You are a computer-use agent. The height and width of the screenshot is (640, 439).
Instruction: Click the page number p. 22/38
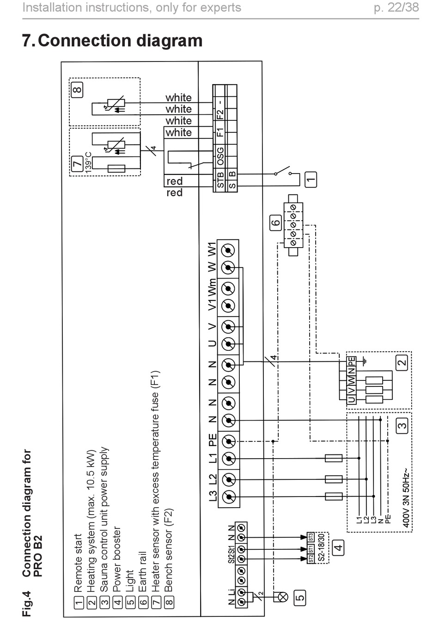click(x=396, y=8)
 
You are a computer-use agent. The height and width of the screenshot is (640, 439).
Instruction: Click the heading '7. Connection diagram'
click(x=112, y=40)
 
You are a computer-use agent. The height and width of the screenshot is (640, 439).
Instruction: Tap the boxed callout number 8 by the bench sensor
click(x=77, y=90)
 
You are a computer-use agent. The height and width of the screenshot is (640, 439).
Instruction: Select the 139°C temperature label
click(x=88, y=162)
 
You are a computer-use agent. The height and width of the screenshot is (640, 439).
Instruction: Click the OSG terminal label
click(x=220, y=156)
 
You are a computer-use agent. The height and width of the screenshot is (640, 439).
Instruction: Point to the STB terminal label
click(x=220, y=180)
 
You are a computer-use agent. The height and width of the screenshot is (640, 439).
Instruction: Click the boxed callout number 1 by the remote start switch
click(x=311, y=180)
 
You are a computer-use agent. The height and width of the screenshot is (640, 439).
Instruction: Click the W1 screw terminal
click(x=228, y=250)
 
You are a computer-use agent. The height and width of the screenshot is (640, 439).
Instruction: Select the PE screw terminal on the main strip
click(x=228, y=442)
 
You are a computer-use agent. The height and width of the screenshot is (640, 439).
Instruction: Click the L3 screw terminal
click(x=229, y=497)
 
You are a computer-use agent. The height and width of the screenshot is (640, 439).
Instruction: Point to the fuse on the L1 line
click(x=334, y=458)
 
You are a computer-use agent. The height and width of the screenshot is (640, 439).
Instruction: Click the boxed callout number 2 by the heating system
click(x=402, y=363)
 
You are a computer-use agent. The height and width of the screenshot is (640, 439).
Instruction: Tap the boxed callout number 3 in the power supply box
click(x=402, y=426)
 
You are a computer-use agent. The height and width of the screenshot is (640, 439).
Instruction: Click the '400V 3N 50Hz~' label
click(x=406, y=498)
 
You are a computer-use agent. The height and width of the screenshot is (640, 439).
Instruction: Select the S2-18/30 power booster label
click(x=321, y=548)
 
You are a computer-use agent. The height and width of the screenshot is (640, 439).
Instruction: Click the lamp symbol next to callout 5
click(x=283, y=597)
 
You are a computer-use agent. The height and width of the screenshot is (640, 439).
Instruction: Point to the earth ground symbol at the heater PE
click(x=364, y=361)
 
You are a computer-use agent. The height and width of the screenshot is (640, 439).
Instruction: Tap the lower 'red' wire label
click(x=175, y=193)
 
